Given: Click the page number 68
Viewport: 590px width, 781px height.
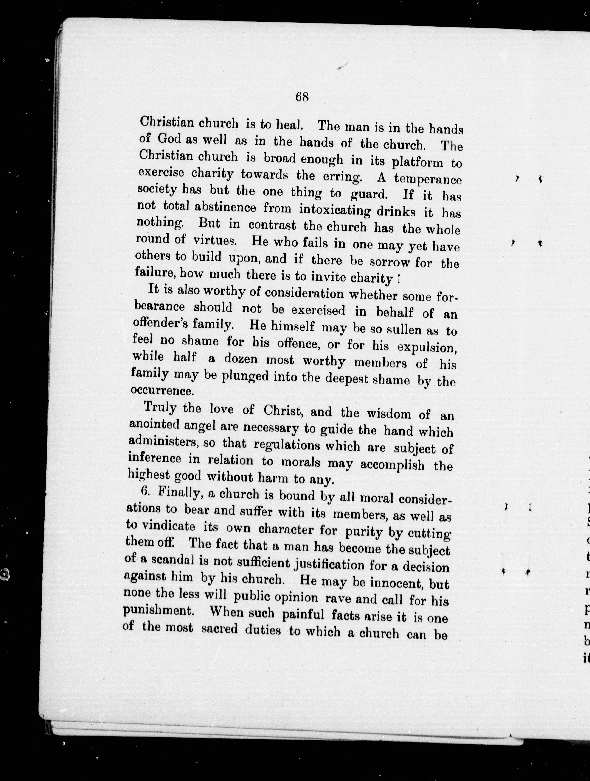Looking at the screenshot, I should (302, 96).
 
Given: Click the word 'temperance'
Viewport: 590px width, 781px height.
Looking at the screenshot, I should (428, 179).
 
